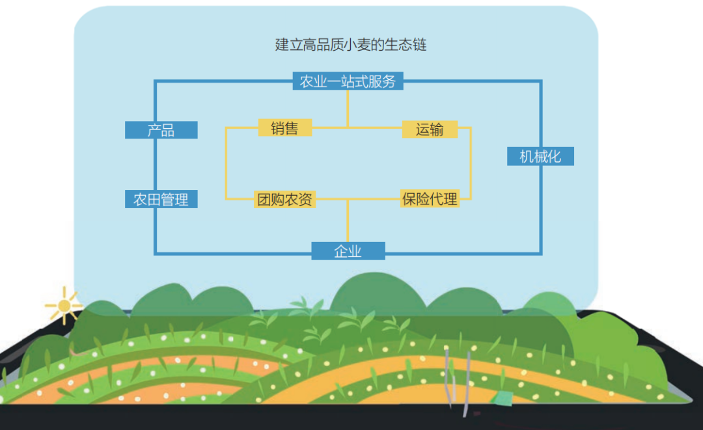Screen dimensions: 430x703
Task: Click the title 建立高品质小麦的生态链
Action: pos(351,45)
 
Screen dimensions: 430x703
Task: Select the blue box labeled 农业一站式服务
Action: pos(348,81)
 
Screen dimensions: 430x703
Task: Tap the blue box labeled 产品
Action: pos(161,130)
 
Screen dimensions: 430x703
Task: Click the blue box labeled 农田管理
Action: pos(161,200)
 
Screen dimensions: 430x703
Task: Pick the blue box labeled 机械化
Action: pos(540,157)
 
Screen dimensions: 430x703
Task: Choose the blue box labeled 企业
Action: pos(348,251)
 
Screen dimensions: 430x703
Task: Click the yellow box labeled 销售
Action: pos(284,128)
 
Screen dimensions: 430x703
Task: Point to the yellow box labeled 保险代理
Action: pos(430,199)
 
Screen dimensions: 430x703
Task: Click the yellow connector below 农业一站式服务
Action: pos(348,107)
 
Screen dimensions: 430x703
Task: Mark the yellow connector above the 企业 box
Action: pos(348,221)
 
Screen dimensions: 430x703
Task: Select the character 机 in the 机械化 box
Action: pos(526,157)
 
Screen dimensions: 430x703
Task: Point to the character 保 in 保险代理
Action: pos(409,199)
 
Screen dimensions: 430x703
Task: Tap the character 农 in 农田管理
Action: pos(140,200)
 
